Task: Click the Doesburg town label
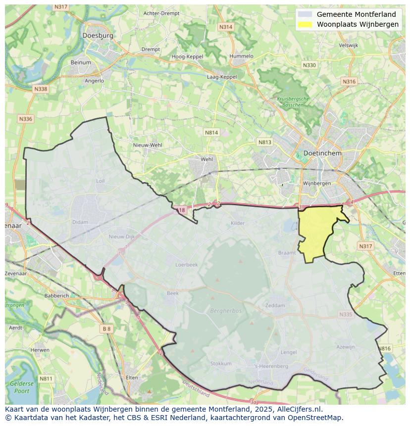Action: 98,36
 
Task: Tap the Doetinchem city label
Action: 322,153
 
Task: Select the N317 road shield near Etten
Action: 365,246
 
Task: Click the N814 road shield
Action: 211,133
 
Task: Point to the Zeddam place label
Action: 275,305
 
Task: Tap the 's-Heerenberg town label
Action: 271,366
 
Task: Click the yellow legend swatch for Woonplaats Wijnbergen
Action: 305,24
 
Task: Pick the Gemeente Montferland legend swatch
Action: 305,14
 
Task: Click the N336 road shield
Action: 25,119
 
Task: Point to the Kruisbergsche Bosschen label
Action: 293,101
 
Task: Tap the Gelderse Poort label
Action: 22,387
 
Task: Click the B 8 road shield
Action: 106,329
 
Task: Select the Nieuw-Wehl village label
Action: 148,145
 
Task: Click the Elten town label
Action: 132,378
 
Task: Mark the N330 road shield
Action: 309,65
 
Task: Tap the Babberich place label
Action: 56,295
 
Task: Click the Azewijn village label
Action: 346,347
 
